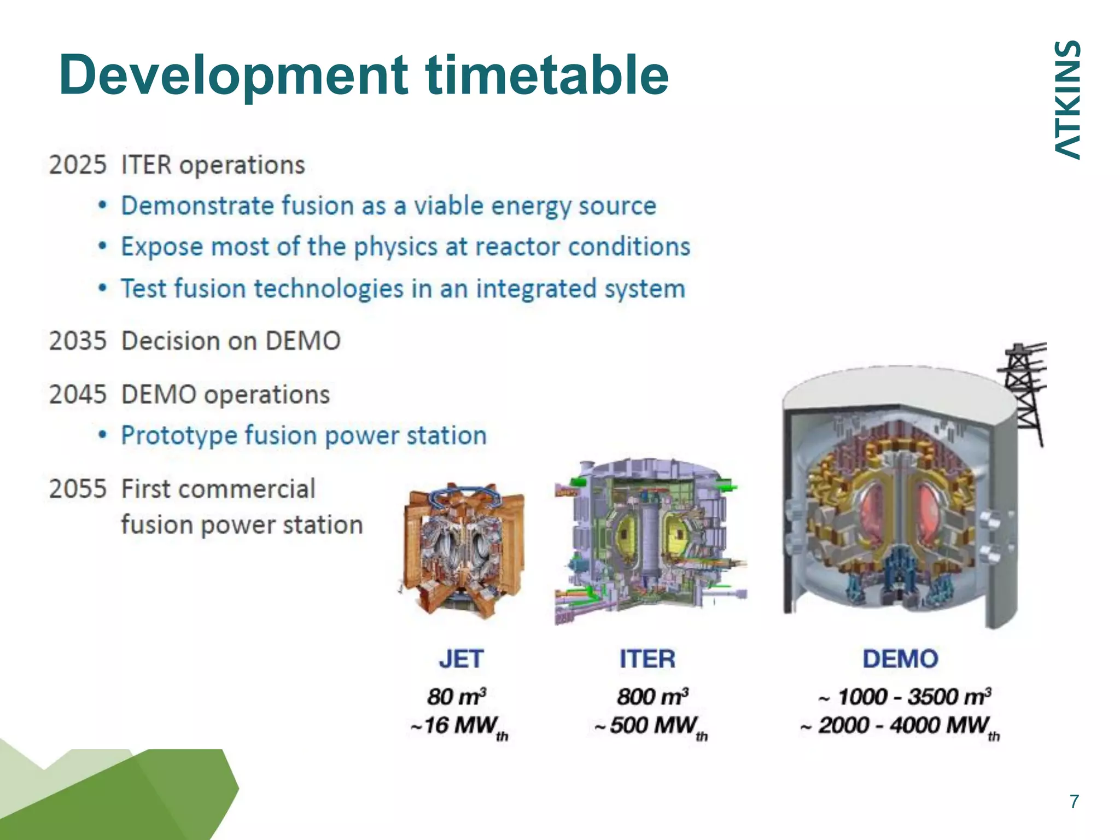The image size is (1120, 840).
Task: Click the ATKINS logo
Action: [x=1067, y=100]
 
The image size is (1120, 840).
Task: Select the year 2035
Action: [x=77, y=341]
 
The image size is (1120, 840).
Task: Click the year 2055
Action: [x=77, y=489]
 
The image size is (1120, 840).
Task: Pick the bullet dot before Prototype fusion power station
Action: [x=102, y=436]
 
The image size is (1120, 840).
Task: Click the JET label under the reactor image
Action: [x=461, y=659]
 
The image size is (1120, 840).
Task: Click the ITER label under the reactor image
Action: [x=647, y=659]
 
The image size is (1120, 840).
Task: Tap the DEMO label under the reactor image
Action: [x=900, y=659]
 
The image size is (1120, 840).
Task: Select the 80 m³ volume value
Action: [x=457, y=697]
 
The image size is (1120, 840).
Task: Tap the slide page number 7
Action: [x=1074, y=802]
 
